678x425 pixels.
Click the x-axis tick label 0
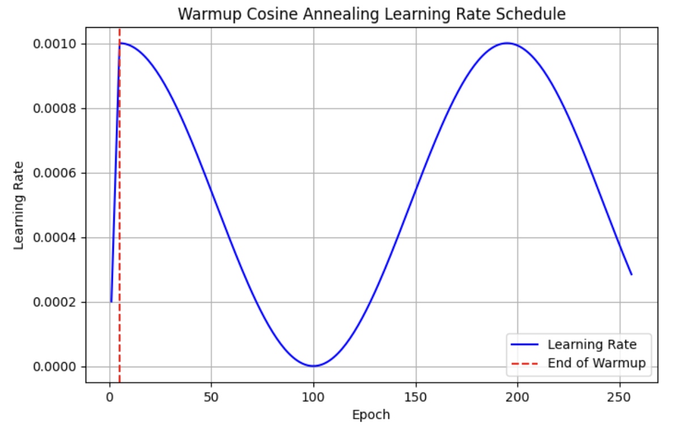pos(109,396)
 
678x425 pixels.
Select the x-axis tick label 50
pos(211,396)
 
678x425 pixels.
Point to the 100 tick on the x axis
pos(313,396)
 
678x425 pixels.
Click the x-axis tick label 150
pos(416,396)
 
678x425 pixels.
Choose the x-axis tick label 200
pos(518,396)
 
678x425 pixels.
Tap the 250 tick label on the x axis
pos(620,396)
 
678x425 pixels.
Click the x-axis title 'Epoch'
pos(371,415)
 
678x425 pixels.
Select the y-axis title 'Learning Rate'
pos(19,205)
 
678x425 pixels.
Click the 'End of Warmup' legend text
pos(596,363)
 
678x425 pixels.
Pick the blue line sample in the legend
pos(525,345)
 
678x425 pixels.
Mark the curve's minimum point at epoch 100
pos(313,366)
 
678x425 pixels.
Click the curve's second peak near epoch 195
pos(507,43)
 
